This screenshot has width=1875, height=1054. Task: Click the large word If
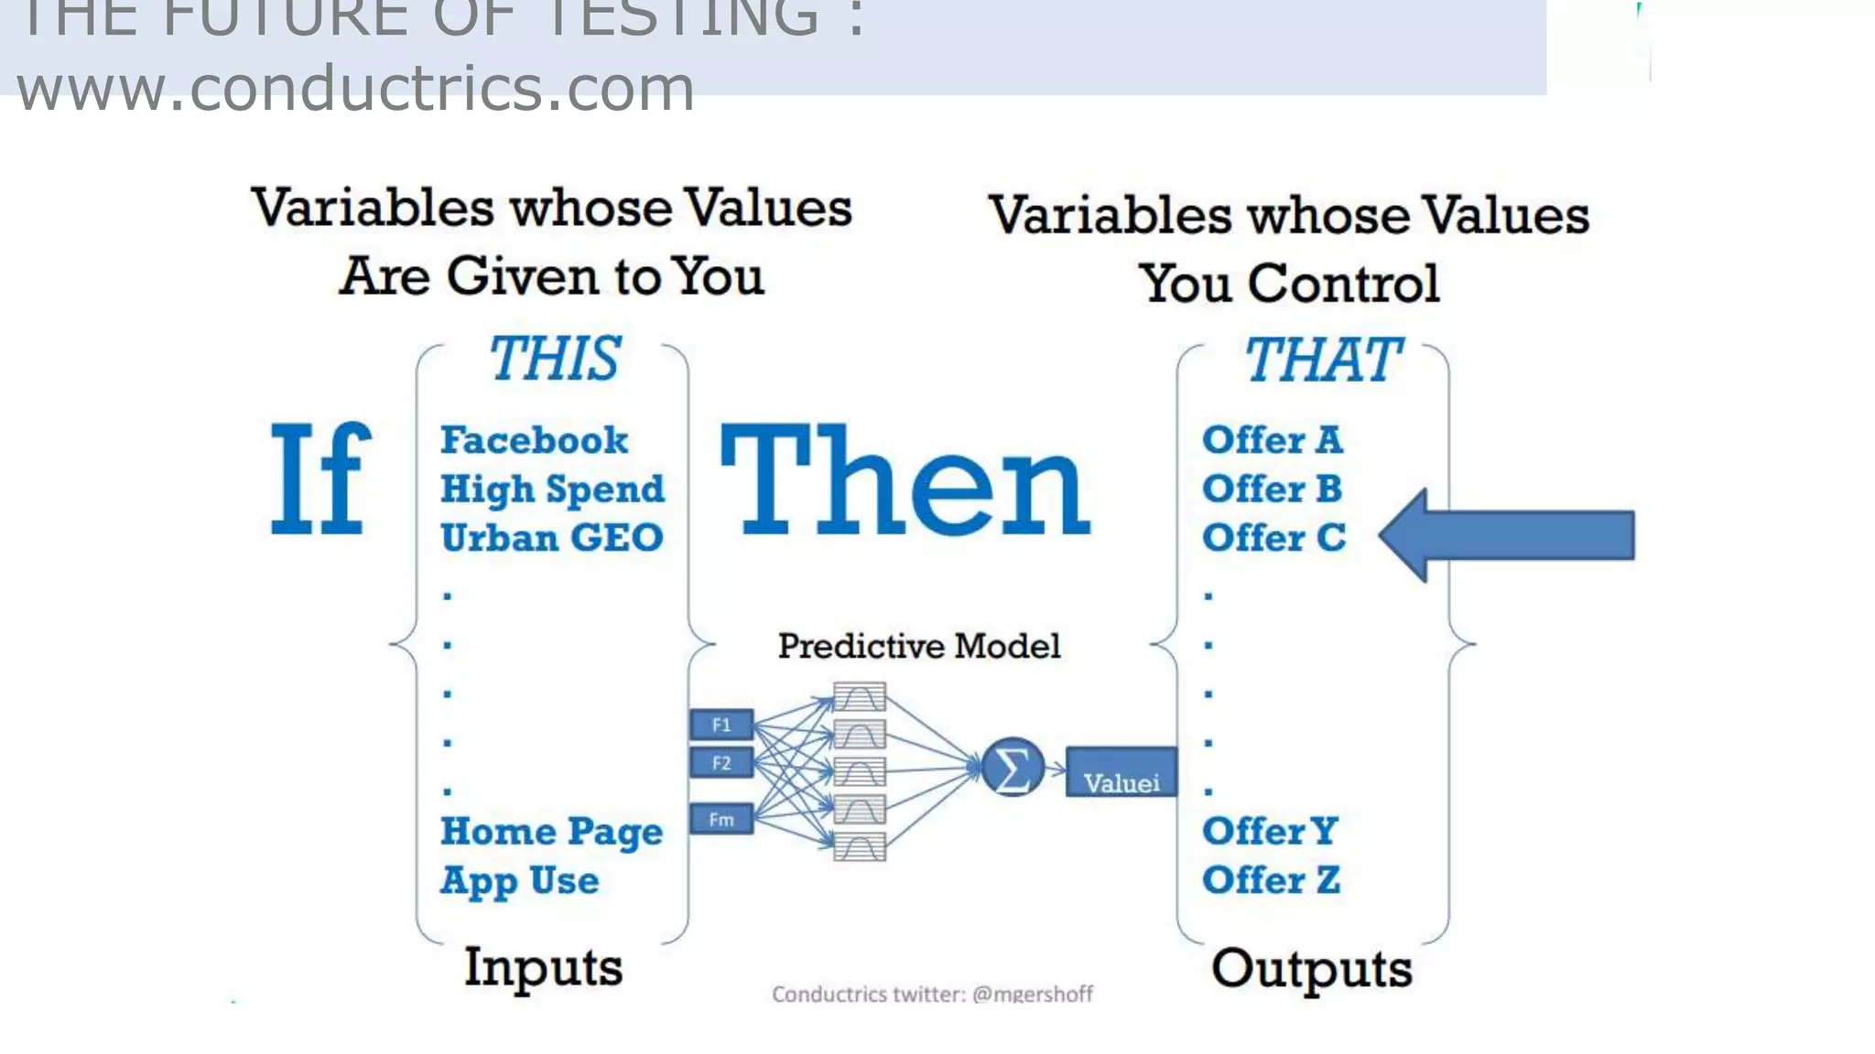coord(321,479)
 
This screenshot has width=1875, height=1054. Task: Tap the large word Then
coord(905,479)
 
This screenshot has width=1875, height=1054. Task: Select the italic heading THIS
coord(555,359)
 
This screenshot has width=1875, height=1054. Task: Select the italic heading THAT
coord(1322,360)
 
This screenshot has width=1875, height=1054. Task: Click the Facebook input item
coord(535,440)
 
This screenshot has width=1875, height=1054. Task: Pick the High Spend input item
coord(552,489)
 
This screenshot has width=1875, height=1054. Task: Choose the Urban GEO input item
coord(552,538)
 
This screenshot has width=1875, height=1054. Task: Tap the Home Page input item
coord(552,832)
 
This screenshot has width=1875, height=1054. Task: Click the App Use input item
coord(520,880)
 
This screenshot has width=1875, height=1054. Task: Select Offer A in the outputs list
coord(1273,440)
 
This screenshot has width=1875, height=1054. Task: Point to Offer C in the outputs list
coord(1274,538)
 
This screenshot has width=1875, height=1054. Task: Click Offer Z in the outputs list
coord(1272,880)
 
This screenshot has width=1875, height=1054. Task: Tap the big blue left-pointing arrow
coord(1506,535)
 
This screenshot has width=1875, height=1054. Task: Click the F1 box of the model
coord(721,725)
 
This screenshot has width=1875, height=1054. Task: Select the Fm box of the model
coord(721,819)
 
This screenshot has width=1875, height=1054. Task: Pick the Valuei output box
coord(1122,773)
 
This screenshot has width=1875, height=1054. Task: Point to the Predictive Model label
coord(919,646)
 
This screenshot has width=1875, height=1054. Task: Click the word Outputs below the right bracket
coord(1311,969)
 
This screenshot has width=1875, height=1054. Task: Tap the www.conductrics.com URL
coord(355,89)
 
